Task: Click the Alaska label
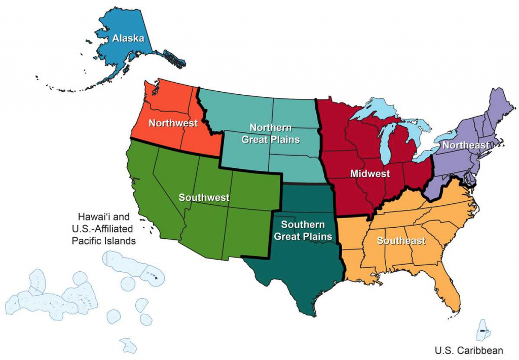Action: (128, 38)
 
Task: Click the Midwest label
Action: (370, 174)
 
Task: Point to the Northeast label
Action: (466, 145)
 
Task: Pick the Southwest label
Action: (204, 197)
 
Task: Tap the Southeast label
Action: (401, 241)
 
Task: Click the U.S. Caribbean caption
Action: (469, 350)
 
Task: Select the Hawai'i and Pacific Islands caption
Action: (103, 228)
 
